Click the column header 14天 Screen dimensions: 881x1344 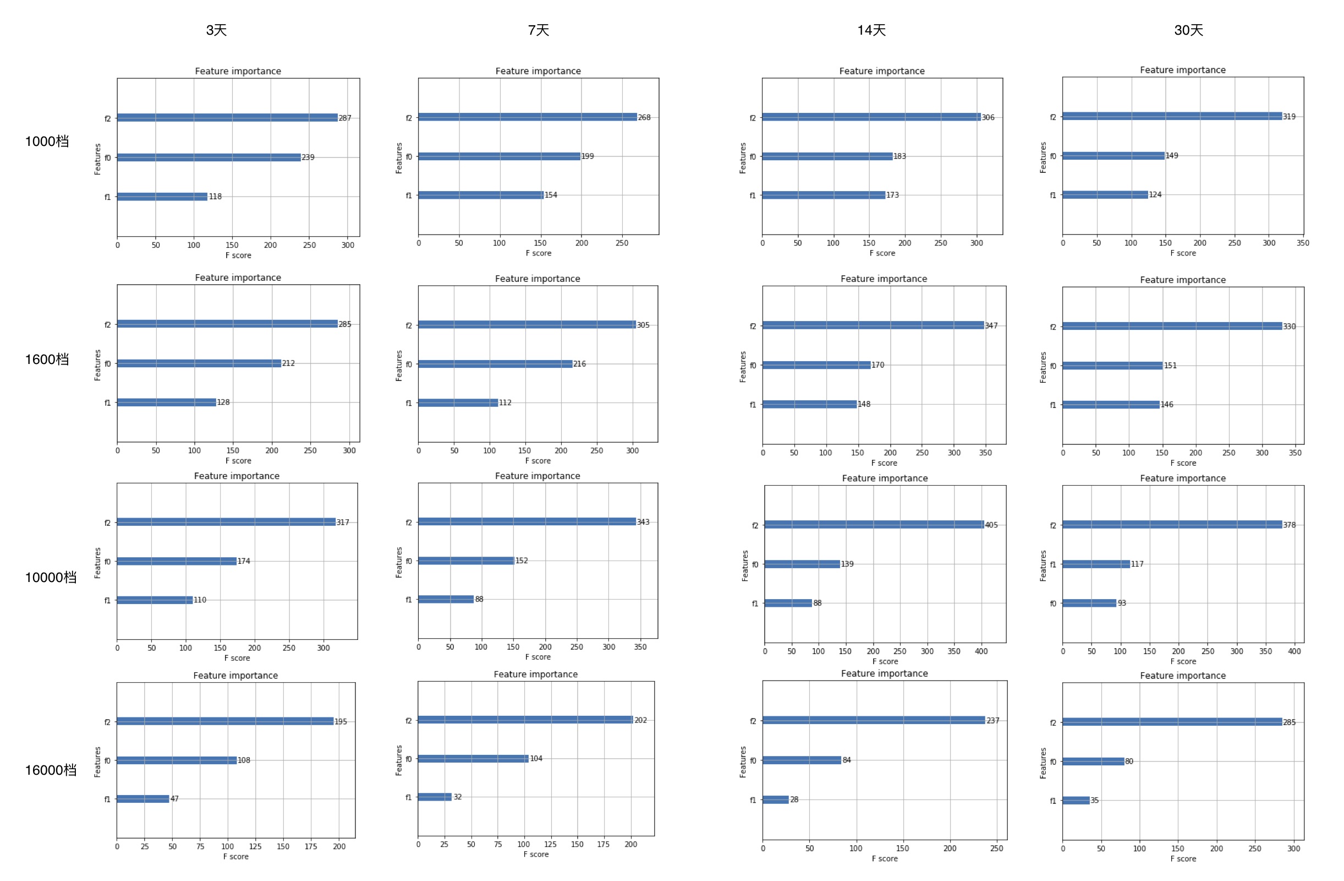871,30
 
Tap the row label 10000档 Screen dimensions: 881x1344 50,577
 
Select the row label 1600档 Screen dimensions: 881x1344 47,359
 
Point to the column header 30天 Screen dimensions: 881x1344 1188,30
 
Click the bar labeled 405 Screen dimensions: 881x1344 874,524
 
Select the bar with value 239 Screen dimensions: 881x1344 209,157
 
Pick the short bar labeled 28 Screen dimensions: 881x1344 775,800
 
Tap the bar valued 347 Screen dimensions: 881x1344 873,325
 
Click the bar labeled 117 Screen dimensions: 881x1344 1096,564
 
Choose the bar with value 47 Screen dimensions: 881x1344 143,798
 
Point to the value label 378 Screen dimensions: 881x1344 1289,525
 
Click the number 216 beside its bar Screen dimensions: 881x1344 579,364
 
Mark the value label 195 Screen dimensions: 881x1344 341,722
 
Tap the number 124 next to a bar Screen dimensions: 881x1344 1155,194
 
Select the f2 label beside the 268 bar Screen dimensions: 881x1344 409,117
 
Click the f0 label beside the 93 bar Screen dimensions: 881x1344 1053,603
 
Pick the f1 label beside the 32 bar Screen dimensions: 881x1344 408,797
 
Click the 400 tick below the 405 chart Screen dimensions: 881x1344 981,651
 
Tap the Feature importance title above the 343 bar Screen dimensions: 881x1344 537,476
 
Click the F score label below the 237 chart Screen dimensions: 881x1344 884,858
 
